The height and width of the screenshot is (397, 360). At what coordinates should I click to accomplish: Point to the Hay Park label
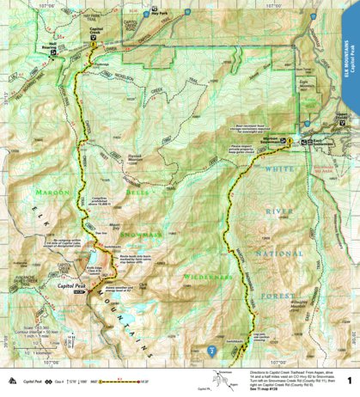pyautogui.click(x=157, y=14)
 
